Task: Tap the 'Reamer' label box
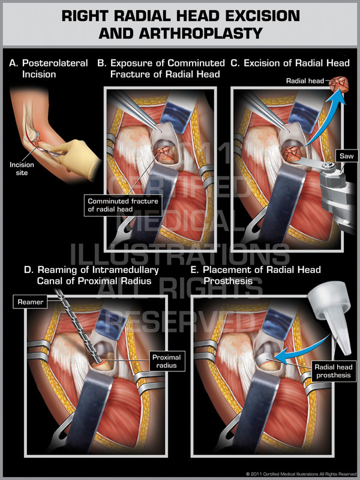tap(31, 302)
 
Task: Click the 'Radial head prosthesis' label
tap(337, 371)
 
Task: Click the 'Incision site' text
tap(23, 168)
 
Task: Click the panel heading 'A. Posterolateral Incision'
tap(49, 68)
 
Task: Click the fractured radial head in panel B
tap(164, 155)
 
